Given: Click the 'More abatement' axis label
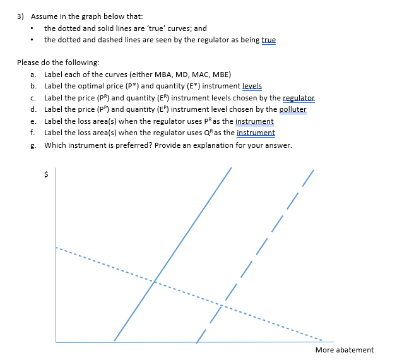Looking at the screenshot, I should [344, 350].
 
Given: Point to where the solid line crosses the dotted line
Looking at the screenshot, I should [153, 280].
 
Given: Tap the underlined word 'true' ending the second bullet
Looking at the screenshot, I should [268, 40].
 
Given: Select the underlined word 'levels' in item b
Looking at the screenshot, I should [252, 86].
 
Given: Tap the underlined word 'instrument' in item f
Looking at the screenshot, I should [256, 133].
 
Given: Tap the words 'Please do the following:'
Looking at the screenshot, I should [58, 63].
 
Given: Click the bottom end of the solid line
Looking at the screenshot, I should [114, 341].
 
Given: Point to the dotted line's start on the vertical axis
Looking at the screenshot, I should [57, 247].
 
